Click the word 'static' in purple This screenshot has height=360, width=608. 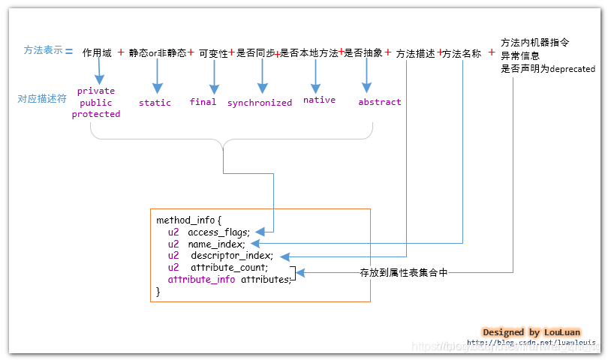click(155, 102)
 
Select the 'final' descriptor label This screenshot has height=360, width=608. click(203, 101)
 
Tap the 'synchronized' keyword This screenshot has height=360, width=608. click(260, 103)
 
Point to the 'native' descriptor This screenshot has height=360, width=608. click(319, 100)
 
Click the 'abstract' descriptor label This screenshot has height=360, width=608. click(379, 102)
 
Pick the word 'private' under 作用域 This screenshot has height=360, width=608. click(96, 91)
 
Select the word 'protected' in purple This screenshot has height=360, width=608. click(96, 114)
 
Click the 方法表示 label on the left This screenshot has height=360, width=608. click(43, 51)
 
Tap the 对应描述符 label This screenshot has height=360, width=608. click(43, 98)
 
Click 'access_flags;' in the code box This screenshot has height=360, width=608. click(218, 232)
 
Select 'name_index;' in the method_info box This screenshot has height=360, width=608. click(216, 244)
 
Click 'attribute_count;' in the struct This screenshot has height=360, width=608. click(229, 268)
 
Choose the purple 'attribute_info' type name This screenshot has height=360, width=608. click(201, 280)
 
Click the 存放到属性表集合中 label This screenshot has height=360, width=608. click(404, 273)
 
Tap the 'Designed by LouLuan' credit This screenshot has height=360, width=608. click(531, 332)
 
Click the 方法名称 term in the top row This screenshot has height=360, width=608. click(462, 53)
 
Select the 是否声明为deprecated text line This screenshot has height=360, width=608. click(548, 68)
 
